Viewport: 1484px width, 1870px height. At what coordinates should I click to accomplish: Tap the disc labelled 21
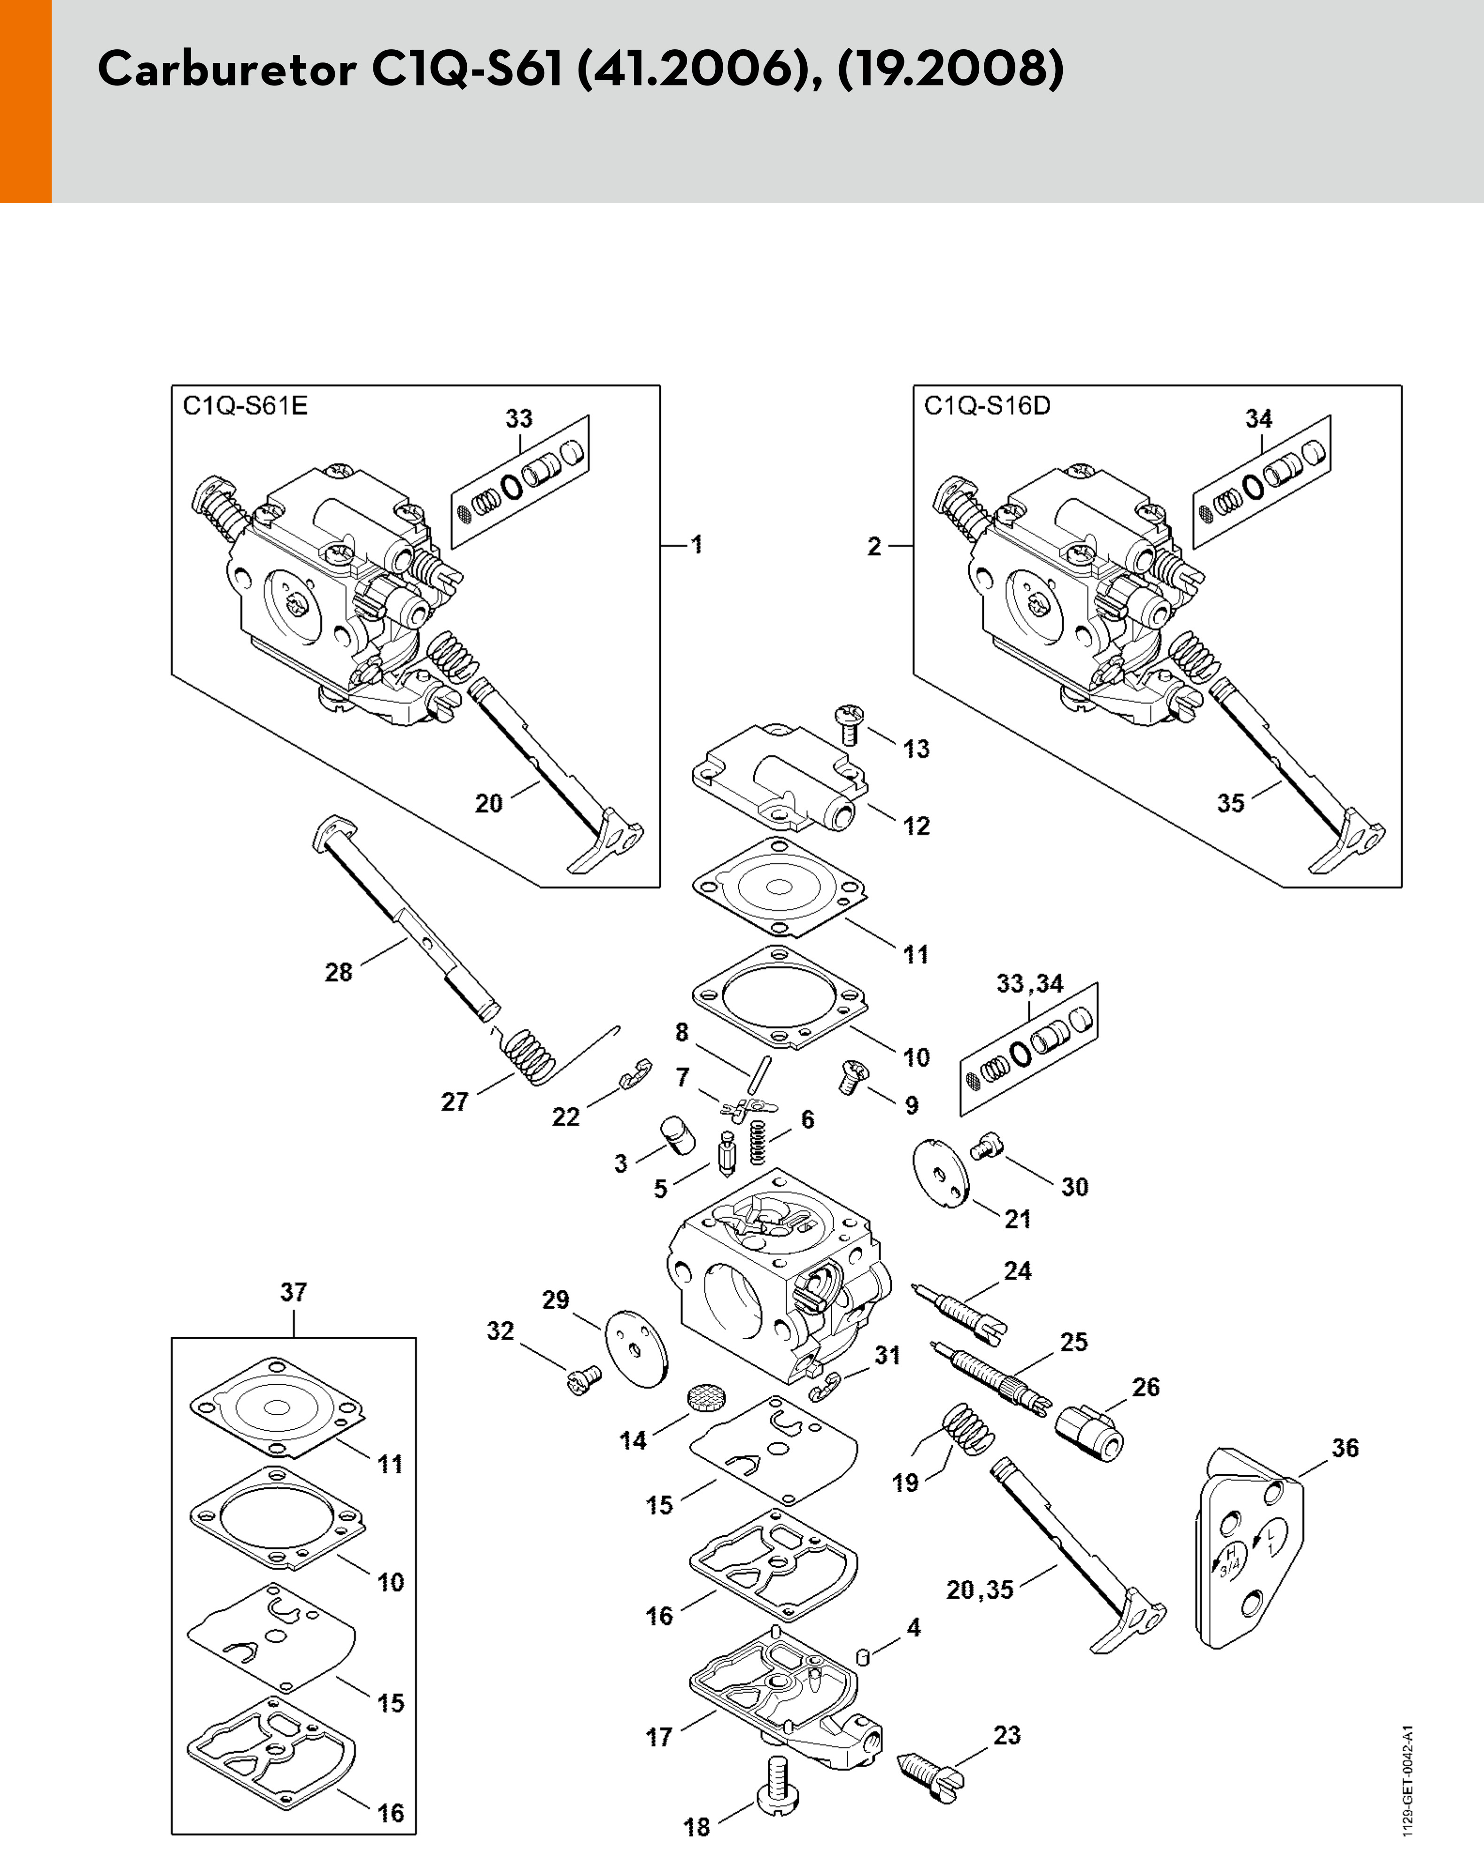coord(942,1173)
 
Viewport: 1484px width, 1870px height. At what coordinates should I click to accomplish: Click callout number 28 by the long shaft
coord(339,972)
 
